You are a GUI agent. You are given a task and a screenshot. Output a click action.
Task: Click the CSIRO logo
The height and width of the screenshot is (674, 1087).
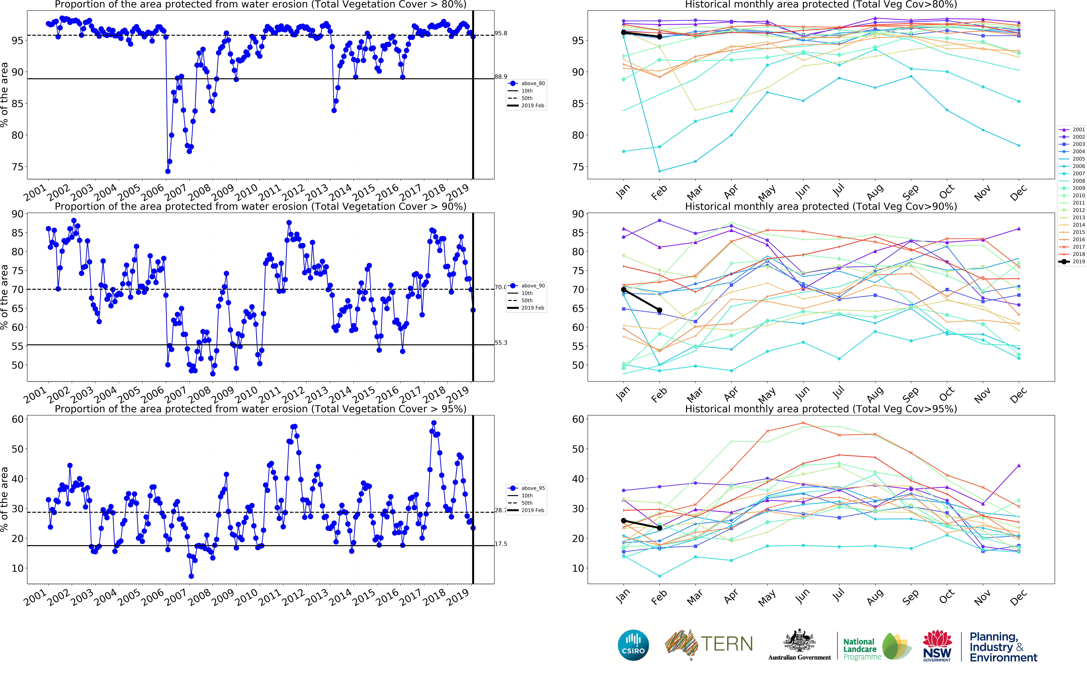coord(633,645)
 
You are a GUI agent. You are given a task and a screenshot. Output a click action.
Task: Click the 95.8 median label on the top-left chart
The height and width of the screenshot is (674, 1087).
coord(501,33)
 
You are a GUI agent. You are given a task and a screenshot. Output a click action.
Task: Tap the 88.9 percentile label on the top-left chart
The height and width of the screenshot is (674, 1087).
coord(501,77)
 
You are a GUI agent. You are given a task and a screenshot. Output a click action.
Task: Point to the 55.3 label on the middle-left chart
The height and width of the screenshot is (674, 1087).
coord(501,343)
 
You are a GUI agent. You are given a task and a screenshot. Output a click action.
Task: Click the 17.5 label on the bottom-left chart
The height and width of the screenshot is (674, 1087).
coord(501,544)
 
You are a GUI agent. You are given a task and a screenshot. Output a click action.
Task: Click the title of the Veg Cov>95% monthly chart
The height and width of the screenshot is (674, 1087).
coord(821,409)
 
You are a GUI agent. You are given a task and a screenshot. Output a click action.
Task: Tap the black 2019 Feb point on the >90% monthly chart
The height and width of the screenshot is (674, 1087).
coord(659,310)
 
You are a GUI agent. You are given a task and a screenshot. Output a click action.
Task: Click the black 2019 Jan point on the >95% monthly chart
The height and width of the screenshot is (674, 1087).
coord(624,521)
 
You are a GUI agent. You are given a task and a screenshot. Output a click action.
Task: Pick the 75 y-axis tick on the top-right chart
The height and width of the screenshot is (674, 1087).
coord(578,167)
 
